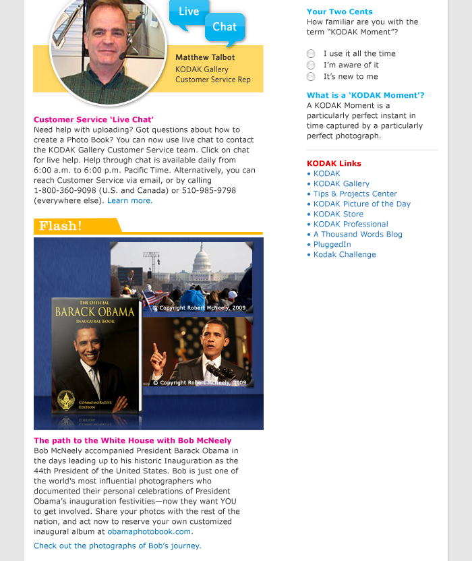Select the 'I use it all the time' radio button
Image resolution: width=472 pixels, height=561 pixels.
[x=311, y=54]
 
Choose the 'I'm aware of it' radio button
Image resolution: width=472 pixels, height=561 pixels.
[x=311, y=65]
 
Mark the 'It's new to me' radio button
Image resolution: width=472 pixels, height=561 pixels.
[x=311, y=77]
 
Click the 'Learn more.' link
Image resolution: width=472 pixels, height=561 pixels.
[x=129, y=200]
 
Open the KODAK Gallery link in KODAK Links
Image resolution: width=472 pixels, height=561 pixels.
[x=341, y=183]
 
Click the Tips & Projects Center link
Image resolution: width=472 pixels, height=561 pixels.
[x=355, y=194]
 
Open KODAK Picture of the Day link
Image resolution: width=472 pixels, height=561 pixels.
[x=361, y=204]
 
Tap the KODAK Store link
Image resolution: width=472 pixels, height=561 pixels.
[x=338, y=214]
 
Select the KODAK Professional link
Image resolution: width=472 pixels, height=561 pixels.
[x=351, y=224]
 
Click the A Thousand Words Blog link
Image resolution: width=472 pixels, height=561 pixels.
[x=357, y=234]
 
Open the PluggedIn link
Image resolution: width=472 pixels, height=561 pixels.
[x=332, y=244]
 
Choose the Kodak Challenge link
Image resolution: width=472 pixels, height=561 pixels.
[x=345, y=254]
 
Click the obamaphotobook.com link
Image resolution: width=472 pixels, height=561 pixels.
[x=149, y=531]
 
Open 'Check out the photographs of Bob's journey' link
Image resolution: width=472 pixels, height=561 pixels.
[x=117, y=545]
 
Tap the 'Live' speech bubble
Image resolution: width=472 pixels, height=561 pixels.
[x=189, y=12]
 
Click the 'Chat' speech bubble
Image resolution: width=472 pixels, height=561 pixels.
[x=225, y=28]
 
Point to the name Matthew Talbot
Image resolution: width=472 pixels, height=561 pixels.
[x=205, y=57]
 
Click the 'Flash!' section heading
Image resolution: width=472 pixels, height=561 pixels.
[x=61, y=226]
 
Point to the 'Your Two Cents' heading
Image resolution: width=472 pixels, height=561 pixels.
[x=339, y=11]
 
